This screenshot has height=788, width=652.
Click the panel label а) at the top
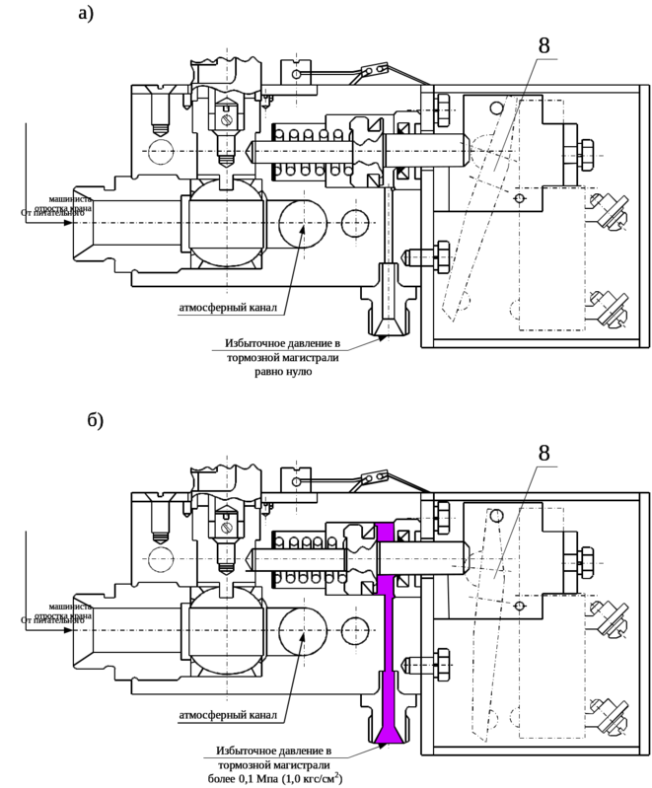click(88, 15)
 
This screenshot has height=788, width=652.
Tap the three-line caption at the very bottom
click(277, 761)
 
